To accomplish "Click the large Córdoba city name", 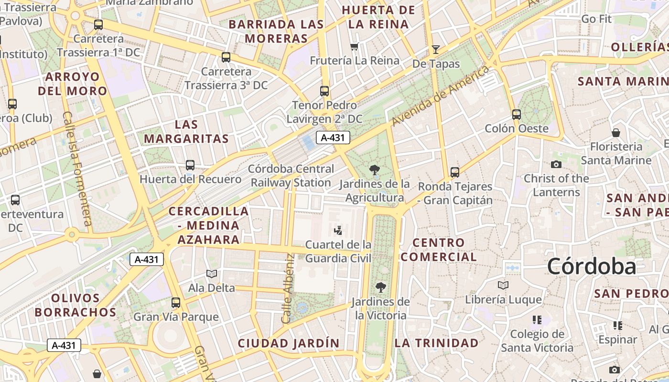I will [592, 266].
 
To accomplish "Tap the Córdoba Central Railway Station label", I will [291, 176].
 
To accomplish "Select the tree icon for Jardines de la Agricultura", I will [375, 170].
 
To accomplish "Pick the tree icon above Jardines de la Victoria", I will [380, 287].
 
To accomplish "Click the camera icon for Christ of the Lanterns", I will [556, 165].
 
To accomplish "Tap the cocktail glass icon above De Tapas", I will [435, 49].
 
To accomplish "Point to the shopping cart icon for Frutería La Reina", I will [354, 46].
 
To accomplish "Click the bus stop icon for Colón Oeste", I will [517, 115].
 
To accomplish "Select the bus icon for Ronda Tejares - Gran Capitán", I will [455, 172].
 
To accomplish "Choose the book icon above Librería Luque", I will [503, 286].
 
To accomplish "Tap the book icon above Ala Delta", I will [212, 274].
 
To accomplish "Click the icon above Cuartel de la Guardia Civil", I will [338, 231].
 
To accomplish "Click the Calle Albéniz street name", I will [288, 288].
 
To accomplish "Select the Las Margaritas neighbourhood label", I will [186, 132].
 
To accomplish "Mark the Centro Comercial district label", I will [439, 250].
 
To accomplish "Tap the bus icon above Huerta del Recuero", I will [190, 165].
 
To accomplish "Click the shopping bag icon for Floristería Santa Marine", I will [616, 133].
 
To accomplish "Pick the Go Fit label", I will [596, 19].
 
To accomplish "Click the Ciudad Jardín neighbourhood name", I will [289, 343].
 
